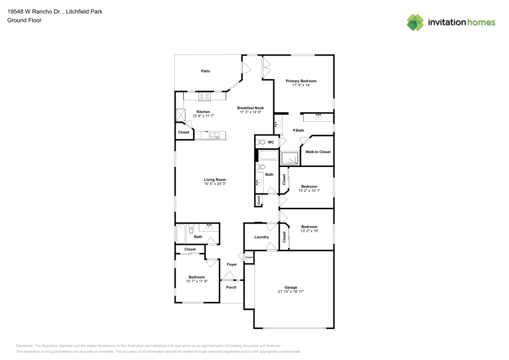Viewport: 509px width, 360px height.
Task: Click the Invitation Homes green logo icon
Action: pos(415,22)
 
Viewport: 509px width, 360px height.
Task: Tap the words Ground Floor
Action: pos(24,20)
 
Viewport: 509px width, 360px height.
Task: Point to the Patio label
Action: pos(205,71)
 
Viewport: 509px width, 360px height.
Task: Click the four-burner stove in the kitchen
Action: pos(205,96)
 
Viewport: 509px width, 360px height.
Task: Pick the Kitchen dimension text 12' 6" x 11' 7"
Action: pos(203,116)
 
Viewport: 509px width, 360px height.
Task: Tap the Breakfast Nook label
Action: pos(250,108)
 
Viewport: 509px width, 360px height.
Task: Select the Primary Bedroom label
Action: pos(301,81)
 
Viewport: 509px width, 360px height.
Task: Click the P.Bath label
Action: pos(298,131)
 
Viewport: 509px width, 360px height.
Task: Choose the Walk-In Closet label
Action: pos(318,152)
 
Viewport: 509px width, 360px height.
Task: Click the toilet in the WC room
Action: pos(261,142)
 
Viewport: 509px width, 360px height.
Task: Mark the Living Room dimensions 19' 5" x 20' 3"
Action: pos(215,184)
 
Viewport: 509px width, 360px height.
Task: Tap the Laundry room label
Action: pos(262,237)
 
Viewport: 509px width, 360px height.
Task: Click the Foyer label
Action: pos(232,264)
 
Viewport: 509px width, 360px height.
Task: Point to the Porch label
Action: pos(231,287)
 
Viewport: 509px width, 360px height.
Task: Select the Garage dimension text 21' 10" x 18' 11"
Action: pos(291,292)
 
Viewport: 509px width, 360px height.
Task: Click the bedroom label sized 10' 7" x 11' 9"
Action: pos(196,277)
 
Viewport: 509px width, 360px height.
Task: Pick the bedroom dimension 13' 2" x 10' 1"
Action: pos(309,191)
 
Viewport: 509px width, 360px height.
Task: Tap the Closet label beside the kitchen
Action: pos(183,132)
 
